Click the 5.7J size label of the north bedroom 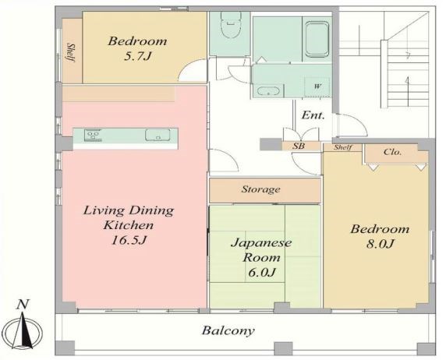point(137,56)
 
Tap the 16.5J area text point(129,241)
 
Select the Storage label point(260,189)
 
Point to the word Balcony point(228,330)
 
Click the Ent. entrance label point(313,115)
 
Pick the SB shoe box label point(299,146)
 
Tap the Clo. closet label point(392,152)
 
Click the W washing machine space point(317,86)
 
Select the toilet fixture point(231,27)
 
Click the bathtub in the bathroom point(317,39)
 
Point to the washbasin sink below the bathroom point(268,91)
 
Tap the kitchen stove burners point(93,135)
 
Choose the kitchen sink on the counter point(158,135)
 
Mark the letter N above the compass point(23,305)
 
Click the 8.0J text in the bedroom point(380,244)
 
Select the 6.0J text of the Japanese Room point(262,273)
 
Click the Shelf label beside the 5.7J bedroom point(71,53)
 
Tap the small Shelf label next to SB point(343,147)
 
